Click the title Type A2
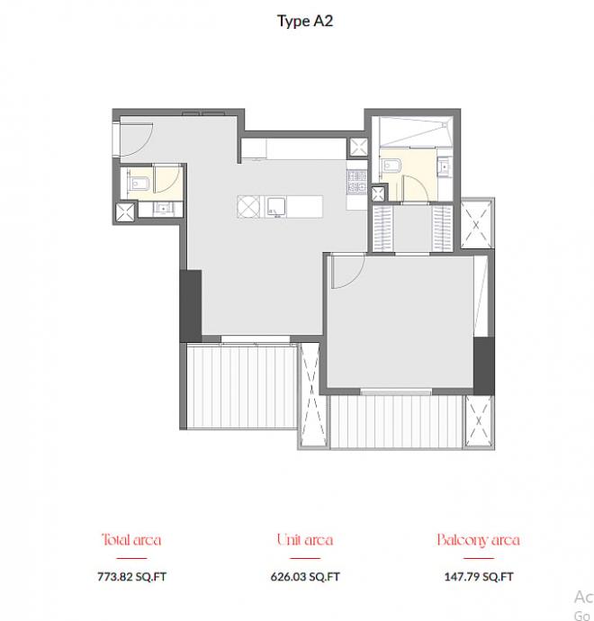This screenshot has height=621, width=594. (305, 21)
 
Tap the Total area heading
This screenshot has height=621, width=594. (131, 540)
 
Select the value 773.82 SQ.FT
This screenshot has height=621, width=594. (132, 576)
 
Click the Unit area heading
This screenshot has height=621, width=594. (305, 540)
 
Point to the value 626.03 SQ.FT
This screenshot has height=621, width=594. (305, 576)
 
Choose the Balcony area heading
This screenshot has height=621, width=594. (479, 540)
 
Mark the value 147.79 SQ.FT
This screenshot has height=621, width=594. (479, 576)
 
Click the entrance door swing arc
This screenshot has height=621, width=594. (146, 145)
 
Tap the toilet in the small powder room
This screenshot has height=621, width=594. (139, 184)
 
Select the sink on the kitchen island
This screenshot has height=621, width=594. (275, 207)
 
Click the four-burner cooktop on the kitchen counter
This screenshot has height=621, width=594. (356, 182)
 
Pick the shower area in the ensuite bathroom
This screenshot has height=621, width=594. (416, 132)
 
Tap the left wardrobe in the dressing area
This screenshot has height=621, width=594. (382, 228)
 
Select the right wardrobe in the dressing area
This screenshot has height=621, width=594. (442, 228)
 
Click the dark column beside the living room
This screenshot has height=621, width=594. (191, 306)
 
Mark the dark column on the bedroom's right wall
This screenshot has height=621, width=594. (484, 366)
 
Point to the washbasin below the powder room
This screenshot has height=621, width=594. (162, 208)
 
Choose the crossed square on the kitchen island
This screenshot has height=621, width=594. (248, 207)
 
